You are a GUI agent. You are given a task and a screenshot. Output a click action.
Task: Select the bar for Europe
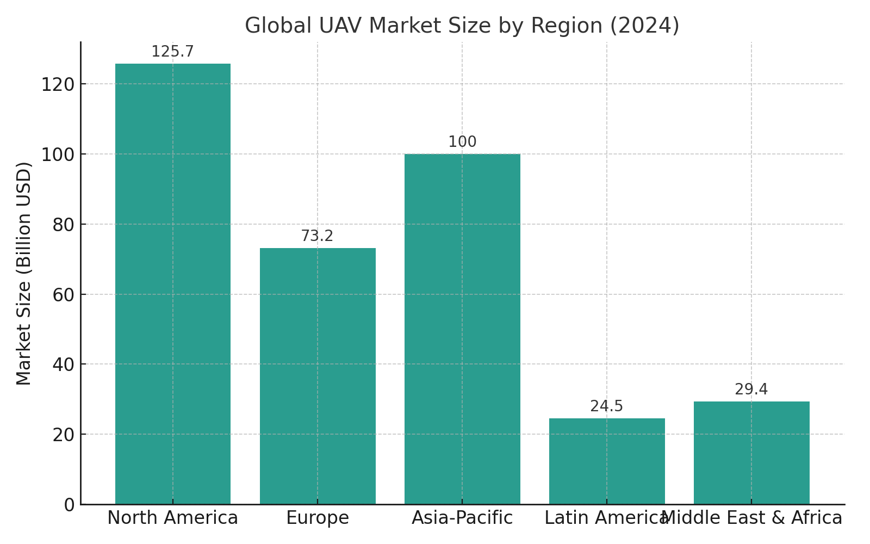[x=318, y=376]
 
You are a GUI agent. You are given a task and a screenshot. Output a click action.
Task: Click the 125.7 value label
[x=172, y=52]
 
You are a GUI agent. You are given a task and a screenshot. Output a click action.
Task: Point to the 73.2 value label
[x=317, y=236]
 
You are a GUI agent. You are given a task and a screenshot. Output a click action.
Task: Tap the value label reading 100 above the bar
[x=462, y=142]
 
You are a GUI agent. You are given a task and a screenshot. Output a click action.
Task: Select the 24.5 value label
[x=606, y=406]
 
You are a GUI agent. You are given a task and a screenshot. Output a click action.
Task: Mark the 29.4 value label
[x=751, y=390]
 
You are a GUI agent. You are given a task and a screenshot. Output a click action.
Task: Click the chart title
[x=462, y=26]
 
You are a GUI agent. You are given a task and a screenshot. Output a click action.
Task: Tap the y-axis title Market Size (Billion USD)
[x=24, y=273]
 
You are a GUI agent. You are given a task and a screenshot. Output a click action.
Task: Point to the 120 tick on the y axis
[x=58, y=85]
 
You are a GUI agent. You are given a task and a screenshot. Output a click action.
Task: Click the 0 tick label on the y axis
[x=69, y=505]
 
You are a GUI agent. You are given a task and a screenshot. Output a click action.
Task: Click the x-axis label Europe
[x=318, y=518]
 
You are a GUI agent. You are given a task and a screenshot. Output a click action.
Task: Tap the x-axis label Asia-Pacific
[x=462, y=518]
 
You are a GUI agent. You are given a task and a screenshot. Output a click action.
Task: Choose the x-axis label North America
[x=172, y=518]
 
